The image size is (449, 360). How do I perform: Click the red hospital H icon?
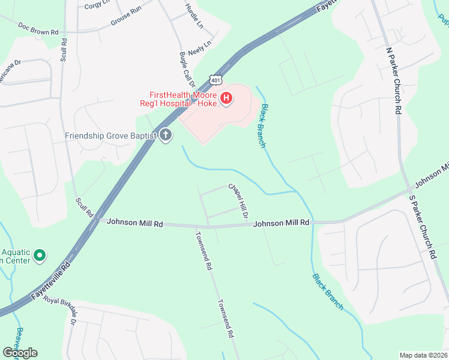226,99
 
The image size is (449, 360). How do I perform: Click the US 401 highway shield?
216,79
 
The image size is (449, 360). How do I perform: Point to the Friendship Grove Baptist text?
111,136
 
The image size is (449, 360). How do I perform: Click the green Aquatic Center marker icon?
40,256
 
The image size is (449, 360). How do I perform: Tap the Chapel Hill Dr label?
238,201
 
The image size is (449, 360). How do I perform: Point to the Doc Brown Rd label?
38,28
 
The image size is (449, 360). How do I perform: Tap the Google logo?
20,353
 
